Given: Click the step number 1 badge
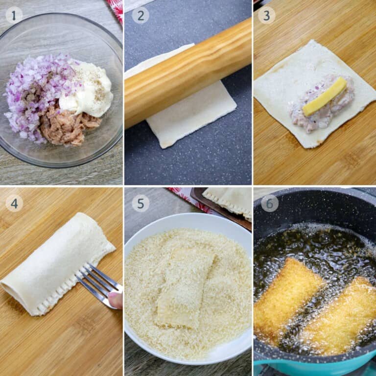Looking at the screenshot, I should point(14,15).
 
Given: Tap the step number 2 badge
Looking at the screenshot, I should point(141,15).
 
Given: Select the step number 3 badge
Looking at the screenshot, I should point(266,15).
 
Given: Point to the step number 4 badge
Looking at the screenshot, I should point(14,203).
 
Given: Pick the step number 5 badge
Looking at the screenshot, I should point(141,203).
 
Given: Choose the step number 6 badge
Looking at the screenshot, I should point(269,203).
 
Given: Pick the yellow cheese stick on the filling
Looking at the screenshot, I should point(325,96).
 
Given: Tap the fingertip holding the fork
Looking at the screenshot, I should point(116,300).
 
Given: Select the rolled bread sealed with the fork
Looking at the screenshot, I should point(54,264).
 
